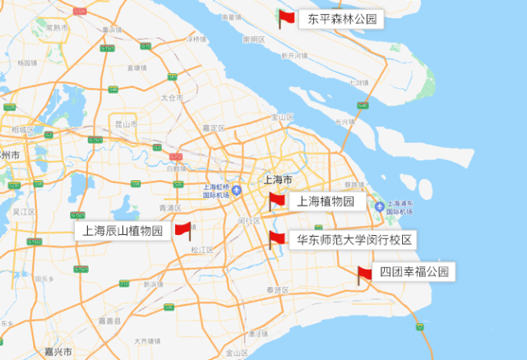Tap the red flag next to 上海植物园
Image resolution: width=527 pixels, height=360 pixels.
point(276,200)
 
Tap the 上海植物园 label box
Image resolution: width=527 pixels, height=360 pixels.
point(325,201)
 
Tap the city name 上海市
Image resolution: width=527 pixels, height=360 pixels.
point(277,179)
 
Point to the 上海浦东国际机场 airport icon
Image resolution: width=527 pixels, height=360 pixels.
point(380,206)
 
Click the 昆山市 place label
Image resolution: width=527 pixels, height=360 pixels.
point(126,124)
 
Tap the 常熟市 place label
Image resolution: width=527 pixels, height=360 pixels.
point(58,27)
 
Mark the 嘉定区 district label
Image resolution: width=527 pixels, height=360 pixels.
point(213,128)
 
